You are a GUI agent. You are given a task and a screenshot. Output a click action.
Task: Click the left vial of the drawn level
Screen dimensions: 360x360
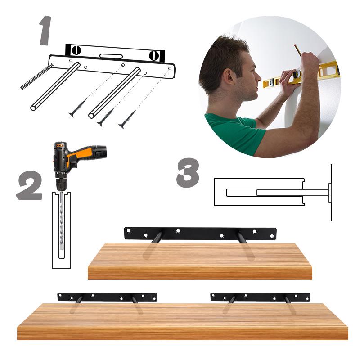[x=76, y=50]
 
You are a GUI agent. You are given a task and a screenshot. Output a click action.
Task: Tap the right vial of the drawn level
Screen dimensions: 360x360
[x=154, y=55]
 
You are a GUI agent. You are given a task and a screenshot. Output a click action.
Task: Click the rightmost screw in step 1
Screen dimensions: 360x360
[x=127, y=119]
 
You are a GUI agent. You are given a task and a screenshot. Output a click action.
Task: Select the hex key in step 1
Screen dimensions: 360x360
[x=36, y=77]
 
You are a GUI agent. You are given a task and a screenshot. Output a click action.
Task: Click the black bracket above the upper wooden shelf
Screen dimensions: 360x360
[x=200, y=234]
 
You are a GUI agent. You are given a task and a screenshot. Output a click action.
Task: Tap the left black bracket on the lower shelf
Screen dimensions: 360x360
[x=107, y=297]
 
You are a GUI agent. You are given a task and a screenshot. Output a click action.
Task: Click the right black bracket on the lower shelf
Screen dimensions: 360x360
[x=260, y=297]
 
